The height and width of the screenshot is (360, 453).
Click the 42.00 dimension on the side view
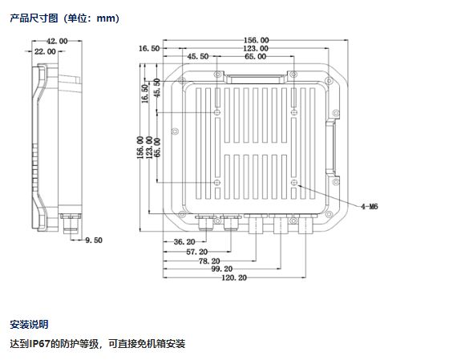tap(57, 41)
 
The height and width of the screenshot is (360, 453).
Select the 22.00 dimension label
tap(45, 51)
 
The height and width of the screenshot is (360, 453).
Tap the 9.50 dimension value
tap(94, 240)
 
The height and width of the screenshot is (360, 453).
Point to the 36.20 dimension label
tap(184, 241)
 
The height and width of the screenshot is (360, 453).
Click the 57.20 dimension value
tap(197, 252)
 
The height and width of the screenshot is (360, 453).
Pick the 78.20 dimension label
tap(209, 261)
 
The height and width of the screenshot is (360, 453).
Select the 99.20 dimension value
tap(222, 269)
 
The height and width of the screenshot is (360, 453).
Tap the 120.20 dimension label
tap(234, 277)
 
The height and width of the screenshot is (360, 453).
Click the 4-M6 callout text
tap(370, 206)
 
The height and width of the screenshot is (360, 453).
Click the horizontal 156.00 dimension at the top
tap(257, 40)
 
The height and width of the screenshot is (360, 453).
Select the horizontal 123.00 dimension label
tap(256, 48)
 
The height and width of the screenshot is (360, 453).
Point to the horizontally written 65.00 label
tap(256, 56)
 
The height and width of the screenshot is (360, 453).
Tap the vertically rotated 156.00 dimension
tap(140, 148)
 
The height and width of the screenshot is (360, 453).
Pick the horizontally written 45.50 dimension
tap(198, 56)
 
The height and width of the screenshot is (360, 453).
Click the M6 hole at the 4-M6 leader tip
tap(293, 182)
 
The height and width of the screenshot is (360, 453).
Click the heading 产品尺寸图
tap(34, 18)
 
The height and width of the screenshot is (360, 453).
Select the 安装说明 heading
tap(29, 324)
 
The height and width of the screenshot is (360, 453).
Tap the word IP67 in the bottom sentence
tap(40, 344)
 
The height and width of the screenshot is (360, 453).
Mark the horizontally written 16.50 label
tap(149, 48)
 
